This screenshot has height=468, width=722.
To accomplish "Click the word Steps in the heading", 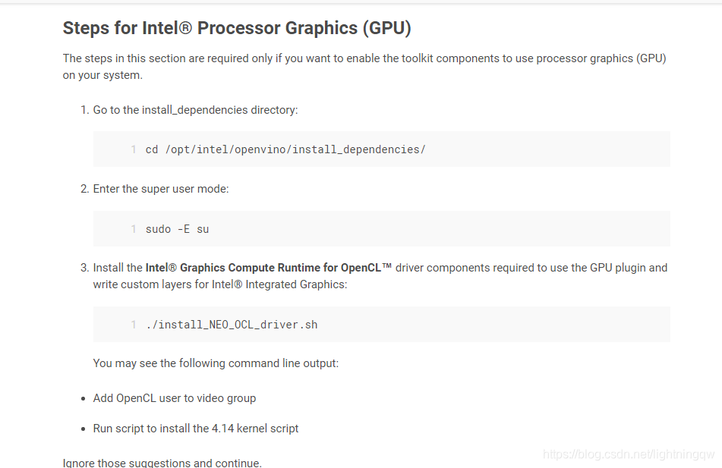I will click(84, 28).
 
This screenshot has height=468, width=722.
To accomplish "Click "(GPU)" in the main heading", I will click(386, 28).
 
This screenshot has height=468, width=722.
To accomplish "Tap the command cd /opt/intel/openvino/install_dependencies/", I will click(285, 149).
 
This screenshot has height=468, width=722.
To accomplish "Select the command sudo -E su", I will click(177, 229).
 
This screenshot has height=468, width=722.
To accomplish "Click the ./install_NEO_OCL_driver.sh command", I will click(232, 325).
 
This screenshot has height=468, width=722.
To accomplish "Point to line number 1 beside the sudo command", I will click(134, 229).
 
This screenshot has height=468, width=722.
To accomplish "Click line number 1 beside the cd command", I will click(134, 149).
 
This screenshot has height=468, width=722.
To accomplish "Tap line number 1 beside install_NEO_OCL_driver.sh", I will click(134, 325).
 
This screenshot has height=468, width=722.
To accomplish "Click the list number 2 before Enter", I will click(84, 189).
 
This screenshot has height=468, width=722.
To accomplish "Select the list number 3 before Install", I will click(84, 268).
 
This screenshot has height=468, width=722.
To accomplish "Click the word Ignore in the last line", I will click(79, 463).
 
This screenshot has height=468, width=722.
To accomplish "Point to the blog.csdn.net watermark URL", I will click(629, 454).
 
